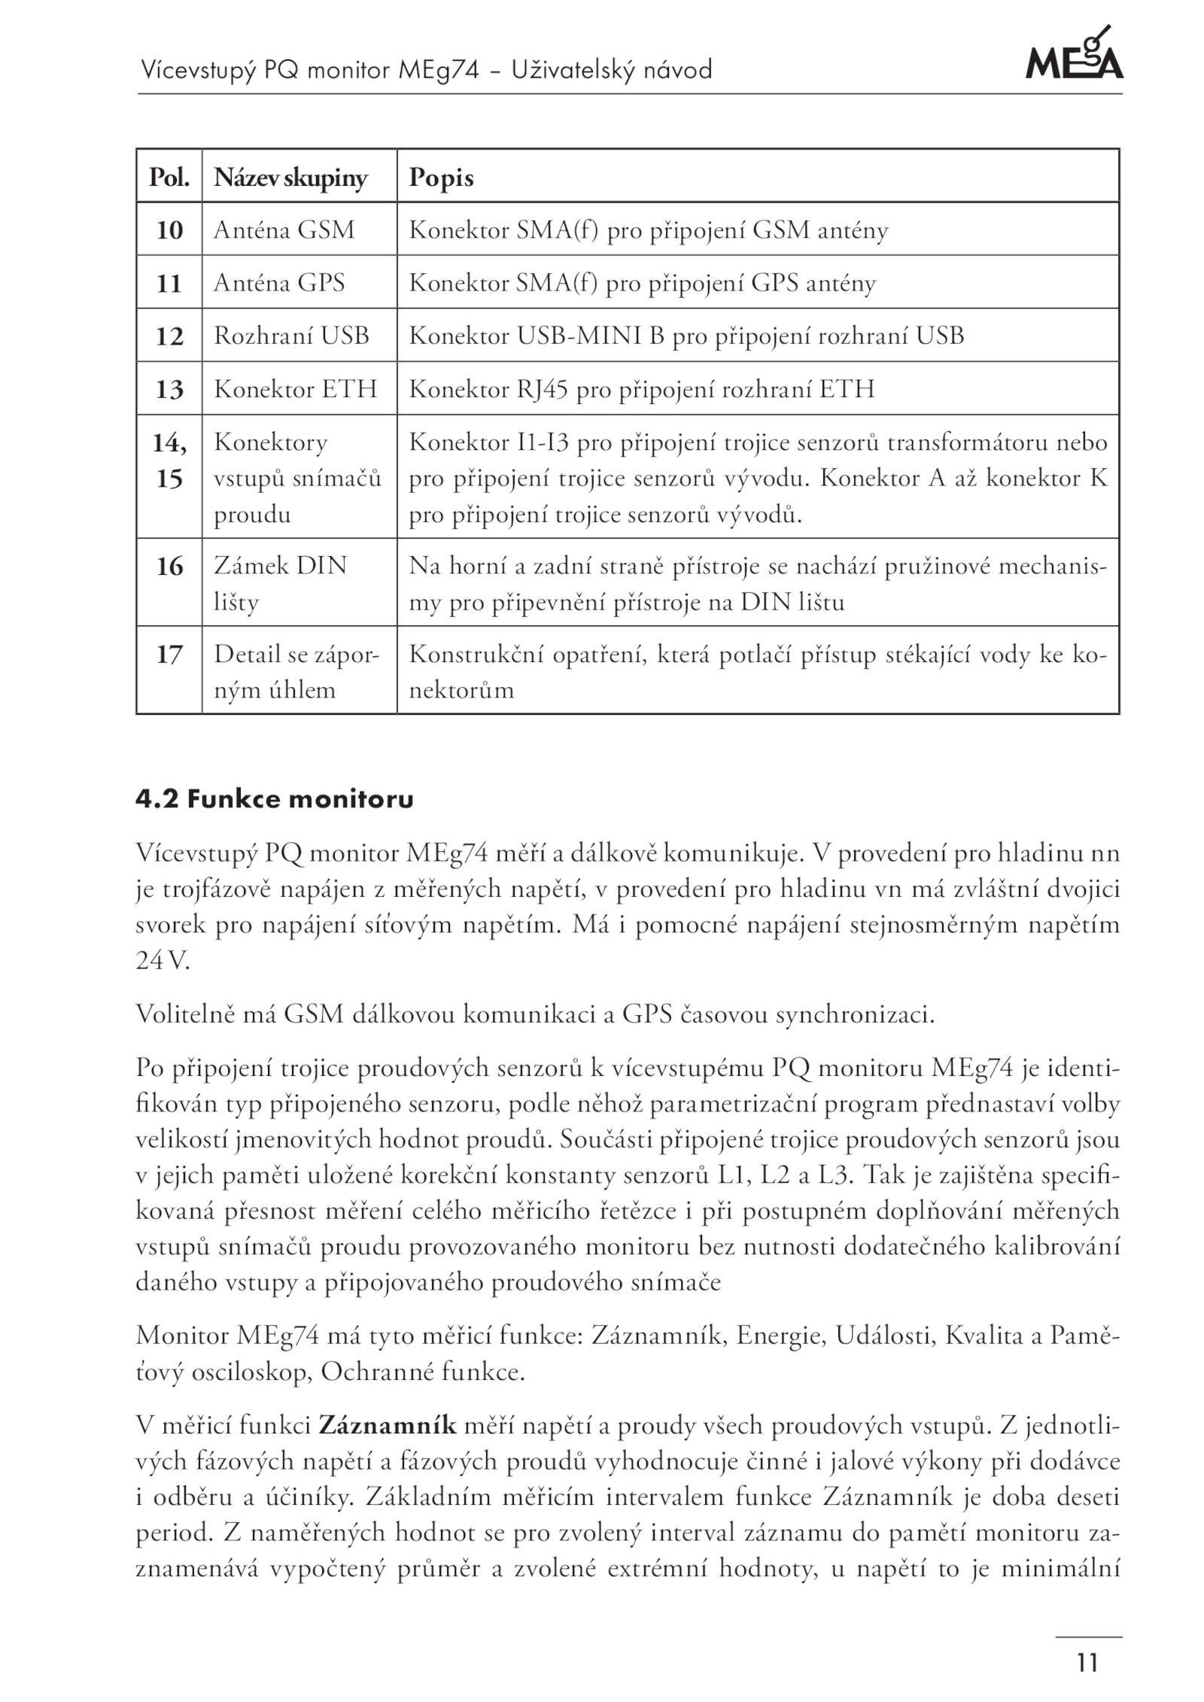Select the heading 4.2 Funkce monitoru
point(275,798)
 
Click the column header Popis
point(441,178)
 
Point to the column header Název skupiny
point(290,178)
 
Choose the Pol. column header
point(169,178)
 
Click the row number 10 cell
point(169,230)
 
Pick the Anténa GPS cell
point(279,283)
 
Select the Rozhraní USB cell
point(291,336)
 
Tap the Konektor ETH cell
point(295,389)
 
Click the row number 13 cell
point(169,389)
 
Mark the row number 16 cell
point(169,567)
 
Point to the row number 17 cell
point(169,655)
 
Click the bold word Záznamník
point(388,1426)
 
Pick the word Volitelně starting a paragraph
point(184,1015)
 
